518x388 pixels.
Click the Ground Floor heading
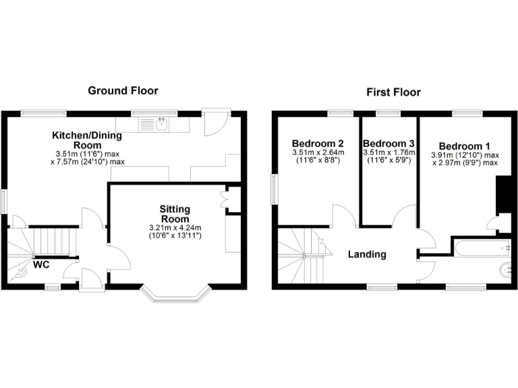(x=123, y=90)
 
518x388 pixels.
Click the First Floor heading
(x=393, y=92)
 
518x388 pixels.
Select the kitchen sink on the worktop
(x=161, y=124)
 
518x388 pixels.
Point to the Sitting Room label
(x=175, y=214)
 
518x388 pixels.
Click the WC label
(x=42, y=265)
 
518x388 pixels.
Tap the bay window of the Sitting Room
(x=177, y=294)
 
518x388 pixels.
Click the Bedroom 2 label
(x=318, y=143)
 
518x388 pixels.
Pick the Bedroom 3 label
(x=388, y=143)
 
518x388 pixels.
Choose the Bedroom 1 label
(x=465, y=146)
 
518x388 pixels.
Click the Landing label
(x=367, y=254)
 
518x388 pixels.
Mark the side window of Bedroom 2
(x=274, y=188)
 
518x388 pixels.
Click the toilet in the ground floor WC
(x=22, y=271)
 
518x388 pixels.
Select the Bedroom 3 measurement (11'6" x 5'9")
(x=388, y=162)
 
